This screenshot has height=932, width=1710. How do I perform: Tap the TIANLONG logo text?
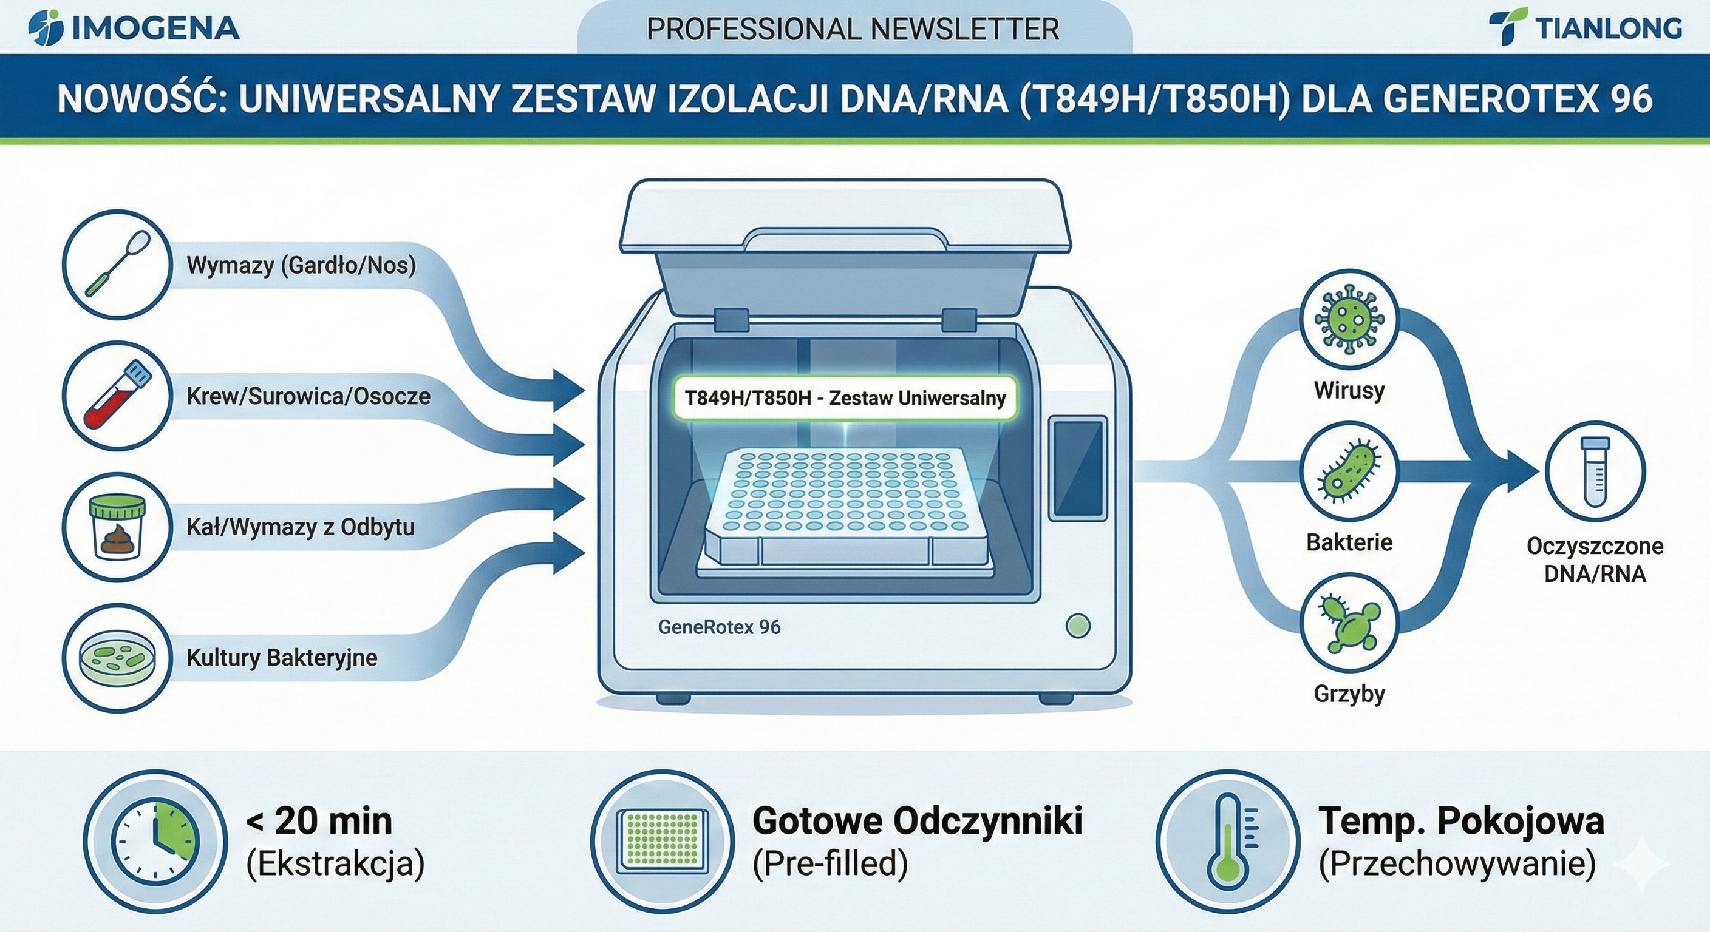1609,29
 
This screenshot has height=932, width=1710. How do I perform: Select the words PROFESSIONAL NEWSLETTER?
853,29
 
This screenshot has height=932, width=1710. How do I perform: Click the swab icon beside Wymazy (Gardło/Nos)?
117,265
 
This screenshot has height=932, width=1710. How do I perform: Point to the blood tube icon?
117,396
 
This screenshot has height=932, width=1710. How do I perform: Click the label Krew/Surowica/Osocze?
308,396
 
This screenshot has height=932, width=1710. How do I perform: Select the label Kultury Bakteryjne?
282,658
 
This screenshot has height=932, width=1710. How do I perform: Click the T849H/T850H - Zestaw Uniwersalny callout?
845,398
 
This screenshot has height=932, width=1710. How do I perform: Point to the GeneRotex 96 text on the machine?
719,627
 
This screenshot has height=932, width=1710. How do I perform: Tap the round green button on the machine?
1077,626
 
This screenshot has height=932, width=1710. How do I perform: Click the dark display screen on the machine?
1078,467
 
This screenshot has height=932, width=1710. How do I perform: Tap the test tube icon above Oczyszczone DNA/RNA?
1595,471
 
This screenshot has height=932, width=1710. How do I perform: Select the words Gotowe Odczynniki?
918,821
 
